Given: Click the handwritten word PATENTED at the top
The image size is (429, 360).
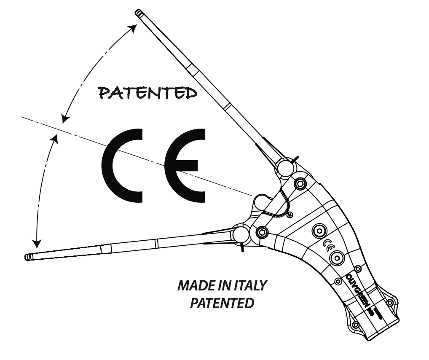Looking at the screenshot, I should (x=147, y=92).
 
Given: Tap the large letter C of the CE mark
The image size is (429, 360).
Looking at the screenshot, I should (x=122, y=165).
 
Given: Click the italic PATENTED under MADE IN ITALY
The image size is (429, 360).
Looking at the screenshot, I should (x=222, y=303).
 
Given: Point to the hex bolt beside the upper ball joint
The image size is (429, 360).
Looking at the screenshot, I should (x=300, y=183).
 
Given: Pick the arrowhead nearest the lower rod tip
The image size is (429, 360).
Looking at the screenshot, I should (x=38, y=243).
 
